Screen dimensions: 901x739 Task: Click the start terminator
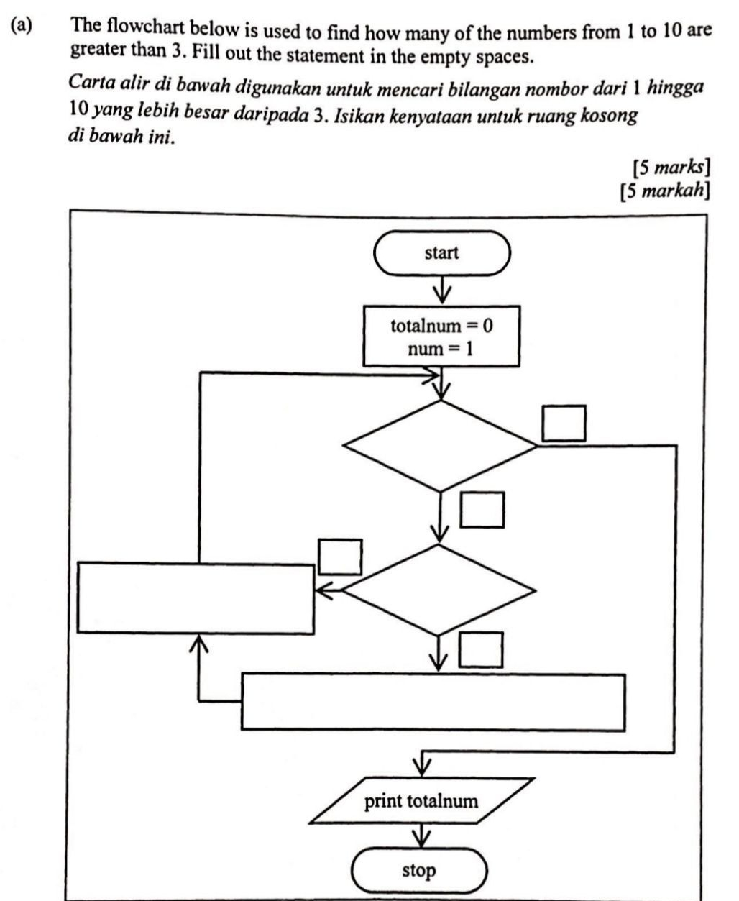point(441,253)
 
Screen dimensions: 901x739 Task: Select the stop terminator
point(418,871)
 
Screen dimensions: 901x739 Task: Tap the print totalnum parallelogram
point(422,801)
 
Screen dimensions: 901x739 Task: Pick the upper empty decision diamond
point(441,446)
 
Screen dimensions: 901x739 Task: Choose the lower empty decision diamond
point(439,590)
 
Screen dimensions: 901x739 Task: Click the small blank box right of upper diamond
point(564,423)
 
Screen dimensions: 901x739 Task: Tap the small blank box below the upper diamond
point(482,510)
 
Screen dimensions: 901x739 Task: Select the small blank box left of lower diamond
point(340,557)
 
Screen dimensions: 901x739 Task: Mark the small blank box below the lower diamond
point(481,650)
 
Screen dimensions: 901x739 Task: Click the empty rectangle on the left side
point(196,598)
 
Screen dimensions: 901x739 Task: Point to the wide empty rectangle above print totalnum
point(433,702)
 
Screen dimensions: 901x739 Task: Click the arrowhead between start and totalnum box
point(441,295)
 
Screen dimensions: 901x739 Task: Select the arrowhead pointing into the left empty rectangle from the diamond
point(323,590)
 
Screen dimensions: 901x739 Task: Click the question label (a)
point(22,26)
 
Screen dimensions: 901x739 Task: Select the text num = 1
point(440,349)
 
